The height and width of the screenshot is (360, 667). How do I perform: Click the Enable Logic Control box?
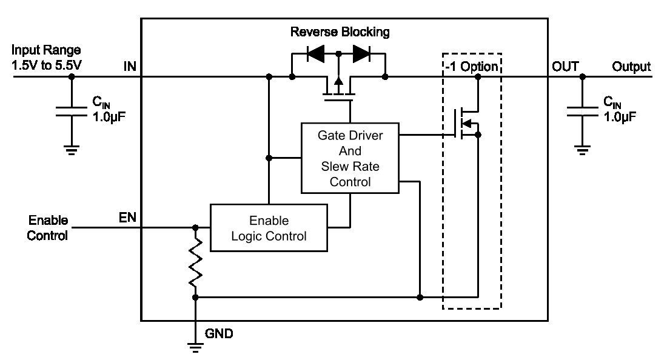click(269, 228)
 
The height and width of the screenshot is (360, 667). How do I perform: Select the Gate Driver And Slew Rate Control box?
click(350, 158)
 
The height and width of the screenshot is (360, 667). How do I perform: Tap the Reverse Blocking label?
click(340, 32)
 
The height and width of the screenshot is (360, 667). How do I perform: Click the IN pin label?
click(130, 66)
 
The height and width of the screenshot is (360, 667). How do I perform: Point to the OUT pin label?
click(565, 66)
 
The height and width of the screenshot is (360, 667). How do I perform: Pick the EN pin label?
click(127, 218)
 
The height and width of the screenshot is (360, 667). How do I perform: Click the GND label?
click(219, 334)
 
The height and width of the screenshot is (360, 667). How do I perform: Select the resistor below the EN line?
click(195, 262)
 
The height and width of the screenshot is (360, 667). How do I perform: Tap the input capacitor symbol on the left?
click(72, 112)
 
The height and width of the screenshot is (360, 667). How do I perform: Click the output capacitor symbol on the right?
click(582, 112)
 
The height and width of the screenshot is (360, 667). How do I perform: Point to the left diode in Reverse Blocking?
click(316, 54)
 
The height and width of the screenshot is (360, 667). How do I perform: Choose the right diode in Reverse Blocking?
click(361, 54)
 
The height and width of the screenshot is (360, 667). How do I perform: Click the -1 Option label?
click(472, 67)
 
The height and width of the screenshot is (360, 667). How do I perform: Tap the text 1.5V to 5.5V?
click(46, 65)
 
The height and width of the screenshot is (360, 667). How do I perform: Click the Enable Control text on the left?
click(48, 228)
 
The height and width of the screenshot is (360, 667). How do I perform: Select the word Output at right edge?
click(631, 66)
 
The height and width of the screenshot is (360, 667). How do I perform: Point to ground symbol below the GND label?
click(195, 347)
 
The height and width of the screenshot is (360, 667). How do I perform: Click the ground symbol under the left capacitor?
click(72, 150)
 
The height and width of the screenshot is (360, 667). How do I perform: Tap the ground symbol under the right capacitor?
click(582, 150)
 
